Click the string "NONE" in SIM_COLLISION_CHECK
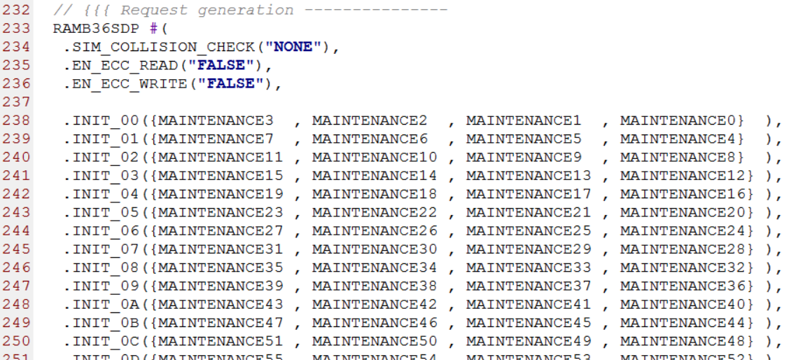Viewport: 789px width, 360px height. coord(293,47)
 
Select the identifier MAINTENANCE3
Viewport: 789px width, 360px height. coord(216,120)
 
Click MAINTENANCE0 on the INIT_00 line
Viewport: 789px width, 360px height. coord(677,120)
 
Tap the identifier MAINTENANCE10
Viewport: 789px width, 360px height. coord(375,157)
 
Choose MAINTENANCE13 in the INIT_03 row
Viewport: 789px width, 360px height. coord(529,175)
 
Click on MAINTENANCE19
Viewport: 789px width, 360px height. coord(221,194)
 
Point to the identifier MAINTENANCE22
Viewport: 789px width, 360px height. coord(375,212)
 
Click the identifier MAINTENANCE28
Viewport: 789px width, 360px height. coord(683,249)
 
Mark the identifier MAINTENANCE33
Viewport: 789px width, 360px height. coord(529,268)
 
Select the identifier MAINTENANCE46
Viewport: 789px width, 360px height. coord(375,322)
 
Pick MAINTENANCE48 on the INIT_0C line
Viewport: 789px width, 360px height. coord(683,340)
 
